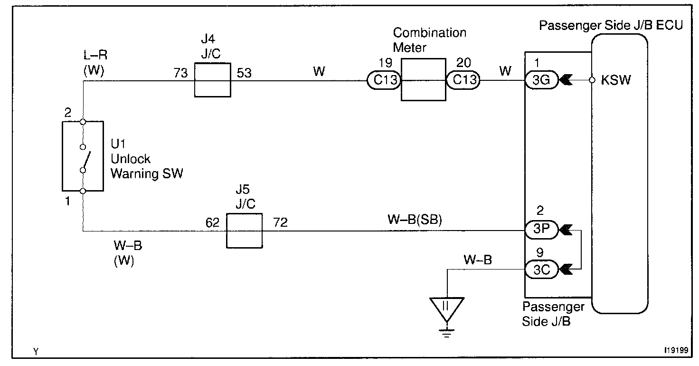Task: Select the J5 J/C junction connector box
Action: point(244,231)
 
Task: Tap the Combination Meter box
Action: point(423,79)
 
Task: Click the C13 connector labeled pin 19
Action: point(384,80)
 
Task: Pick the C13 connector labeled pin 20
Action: point(463,80)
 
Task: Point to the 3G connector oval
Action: point(541,80)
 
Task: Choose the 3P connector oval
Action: point(541,230)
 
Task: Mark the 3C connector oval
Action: point(541,270)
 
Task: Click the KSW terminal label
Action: point(616,80)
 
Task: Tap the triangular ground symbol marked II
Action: point(446,307)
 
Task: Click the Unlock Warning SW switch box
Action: point(83,156)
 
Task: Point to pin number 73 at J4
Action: point(180,73)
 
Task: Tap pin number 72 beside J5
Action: point(280,223)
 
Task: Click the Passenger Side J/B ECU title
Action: point(611,26)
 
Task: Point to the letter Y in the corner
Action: point(36,352)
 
